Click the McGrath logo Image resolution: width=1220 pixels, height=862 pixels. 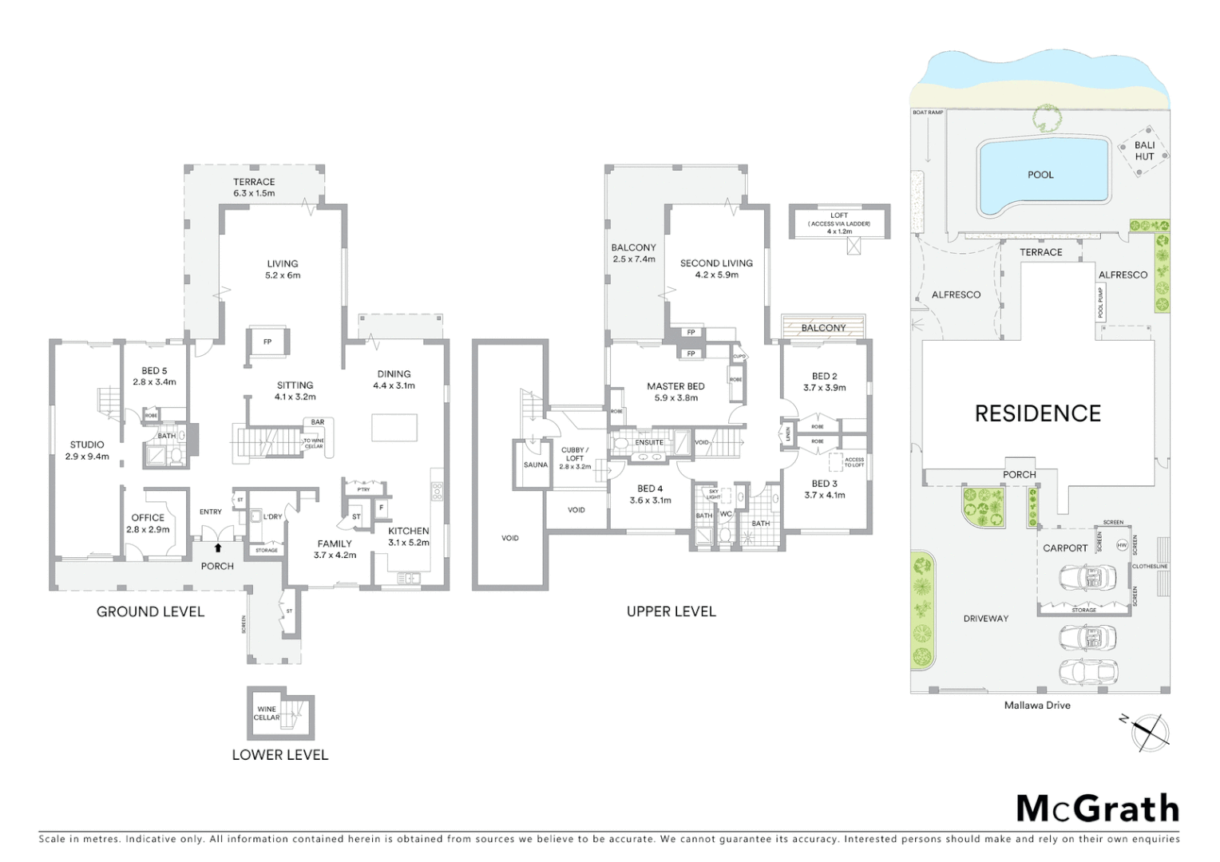[x=1097, y=809]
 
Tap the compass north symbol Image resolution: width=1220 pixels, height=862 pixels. [x=1149, y=732]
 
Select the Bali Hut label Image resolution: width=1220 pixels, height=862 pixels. [x=1144, y=151]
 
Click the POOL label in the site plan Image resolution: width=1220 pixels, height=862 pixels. [x=1040, y=175]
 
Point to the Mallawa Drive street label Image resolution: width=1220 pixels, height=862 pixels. [x=1036, y=706]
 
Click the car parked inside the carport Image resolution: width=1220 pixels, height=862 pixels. [x=1086, y=577]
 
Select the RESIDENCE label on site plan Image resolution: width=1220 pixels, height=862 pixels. [x=1037, y=413]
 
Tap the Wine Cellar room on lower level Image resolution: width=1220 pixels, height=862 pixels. [x=267, y=714]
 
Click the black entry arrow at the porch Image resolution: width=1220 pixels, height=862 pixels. [x=217, y=548]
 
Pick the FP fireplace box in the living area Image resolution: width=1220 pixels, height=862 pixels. [x=267, y=342]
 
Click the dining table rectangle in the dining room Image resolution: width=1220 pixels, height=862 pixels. [x=394, y=427]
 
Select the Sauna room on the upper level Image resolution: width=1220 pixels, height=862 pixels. [x=535, y=465]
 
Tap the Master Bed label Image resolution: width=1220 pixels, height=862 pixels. [x=675, y=386]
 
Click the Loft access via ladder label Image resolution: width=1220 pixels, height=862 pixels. [x=838, y=223]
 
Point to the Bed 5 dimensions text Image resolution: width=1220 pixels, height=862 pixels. [x=154, y=382]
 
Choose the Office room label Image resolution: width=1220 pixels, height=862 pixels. [x=148, y=518]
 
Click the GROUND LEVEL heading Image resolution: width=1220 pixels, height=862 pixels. [x=150, y=612]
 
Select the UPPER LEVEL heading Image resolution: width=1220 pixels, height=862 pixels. [x=671, y=611]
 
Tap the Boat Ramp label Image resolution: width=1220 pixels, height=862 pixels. [x=927, y=113]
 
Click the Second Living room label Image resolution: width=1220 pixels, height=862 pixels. [x=716, y=263]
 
